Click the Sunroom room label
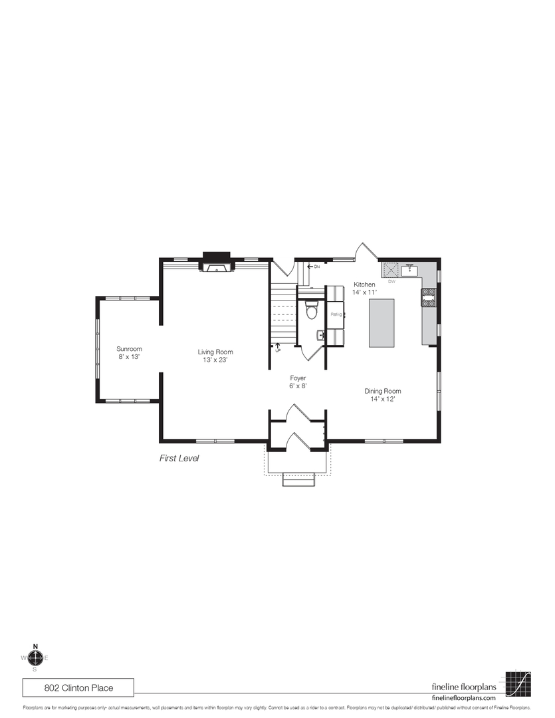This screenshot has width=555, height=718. point(130,353)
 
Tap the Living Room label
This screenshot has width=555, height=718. point(215,356)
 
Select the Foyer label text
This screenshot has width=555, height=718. point(297,381)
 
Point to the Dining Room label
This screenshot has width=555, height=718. point(382,395)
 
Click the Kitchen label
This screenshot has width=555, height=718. point(364,288)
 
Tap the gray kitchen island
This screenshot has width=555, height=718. point(382,322)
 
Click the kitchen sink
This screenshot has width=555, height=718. point(408,270)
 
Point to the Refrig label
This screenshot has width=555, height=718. point(336,314)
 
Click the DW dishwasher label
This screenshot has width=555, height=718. point(391,281)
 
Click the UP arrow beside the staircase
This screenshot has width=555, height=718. point(277,346)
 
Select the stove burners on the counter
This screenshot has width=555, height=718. point(429,298)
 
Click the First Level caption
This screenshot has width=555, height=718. point(179,458)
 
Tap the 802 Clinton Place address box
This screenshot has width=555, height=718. point(79,687)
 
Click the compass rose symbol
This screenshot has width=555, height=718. point(36,658)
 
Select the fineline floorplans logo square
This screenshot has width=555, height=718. point(518,683)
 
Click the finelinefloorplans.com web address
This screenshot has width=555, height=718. point(464,698)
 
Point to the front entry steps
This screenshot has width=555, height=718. point(298,479)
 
